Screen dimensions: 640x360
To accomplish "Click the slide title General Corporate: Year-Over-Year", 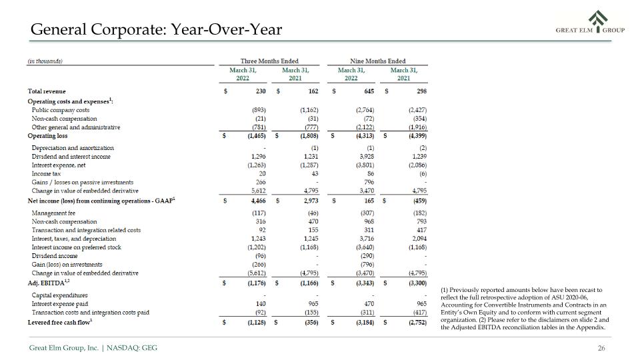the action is tap(156, 29).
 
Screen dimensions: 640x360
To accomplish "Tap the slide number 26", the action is tap(601, 348).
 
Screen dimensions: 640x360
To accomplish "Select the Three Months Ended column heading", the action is tap(269, 61).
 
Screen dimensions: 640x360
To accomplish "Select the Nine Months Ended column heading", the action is tap(377, 61).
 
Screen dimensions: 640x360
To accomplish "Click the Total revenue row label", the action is tap(47, 91).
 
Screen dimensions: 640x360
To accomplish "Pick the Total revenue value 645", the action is tap(369, 91).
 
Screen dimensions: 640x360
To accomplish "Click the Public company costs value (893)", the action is tap(259, 110).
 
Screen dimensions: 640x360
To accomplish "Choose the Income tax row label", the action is tap(46, 174).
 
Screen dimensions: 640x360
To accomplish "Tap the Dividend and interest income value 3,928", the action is tap(367, 157).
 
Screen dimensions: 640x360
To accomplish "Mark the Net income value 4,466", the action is tap(259, 201).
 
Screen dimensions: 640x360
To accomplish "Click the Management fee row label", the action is tap(53, 213).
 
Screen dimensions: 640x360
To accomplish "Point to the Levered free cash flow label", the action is tap(60, 323).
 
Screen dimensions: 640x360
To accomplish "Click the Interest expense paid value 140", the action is tap(261, 304).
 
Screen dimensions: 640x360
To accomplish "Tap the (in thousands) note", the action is tap(45, 61).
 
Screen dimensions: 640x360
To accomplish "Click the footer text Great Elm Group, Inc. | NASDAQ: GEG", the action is tap(93, 348).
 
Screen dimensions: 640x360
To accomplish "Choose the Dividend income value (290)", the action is tap(367, 256).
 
